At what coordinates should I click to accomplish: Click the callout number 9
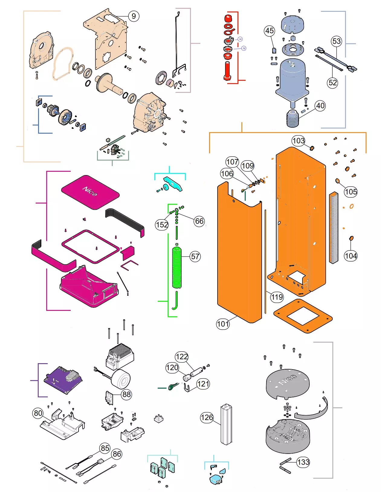point(134,16)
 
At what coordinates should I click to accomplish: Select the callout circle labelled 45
point(269,31)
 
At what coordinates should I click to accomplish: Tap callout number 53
point(336,41)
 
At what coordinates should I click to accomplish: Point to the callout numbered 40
point(320,106)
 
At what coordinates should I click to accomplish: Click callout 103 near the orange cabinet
point(298,141)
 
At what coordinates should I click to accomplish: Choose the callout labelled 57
point(195,257)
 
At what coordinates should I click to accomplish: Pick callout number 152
point(162,225)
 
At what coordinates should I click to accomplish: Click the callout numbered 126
point(207,418)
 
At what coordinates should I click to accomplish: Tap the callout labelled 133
point(303,462)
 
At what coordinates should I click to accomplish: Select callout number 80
point(38,413)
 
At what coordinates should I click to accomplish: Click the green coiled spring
point(177,268)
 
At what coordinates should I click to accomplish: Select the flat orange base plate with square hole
point(303,316)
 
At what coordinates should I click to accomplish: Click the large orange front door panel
point(239,257)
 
